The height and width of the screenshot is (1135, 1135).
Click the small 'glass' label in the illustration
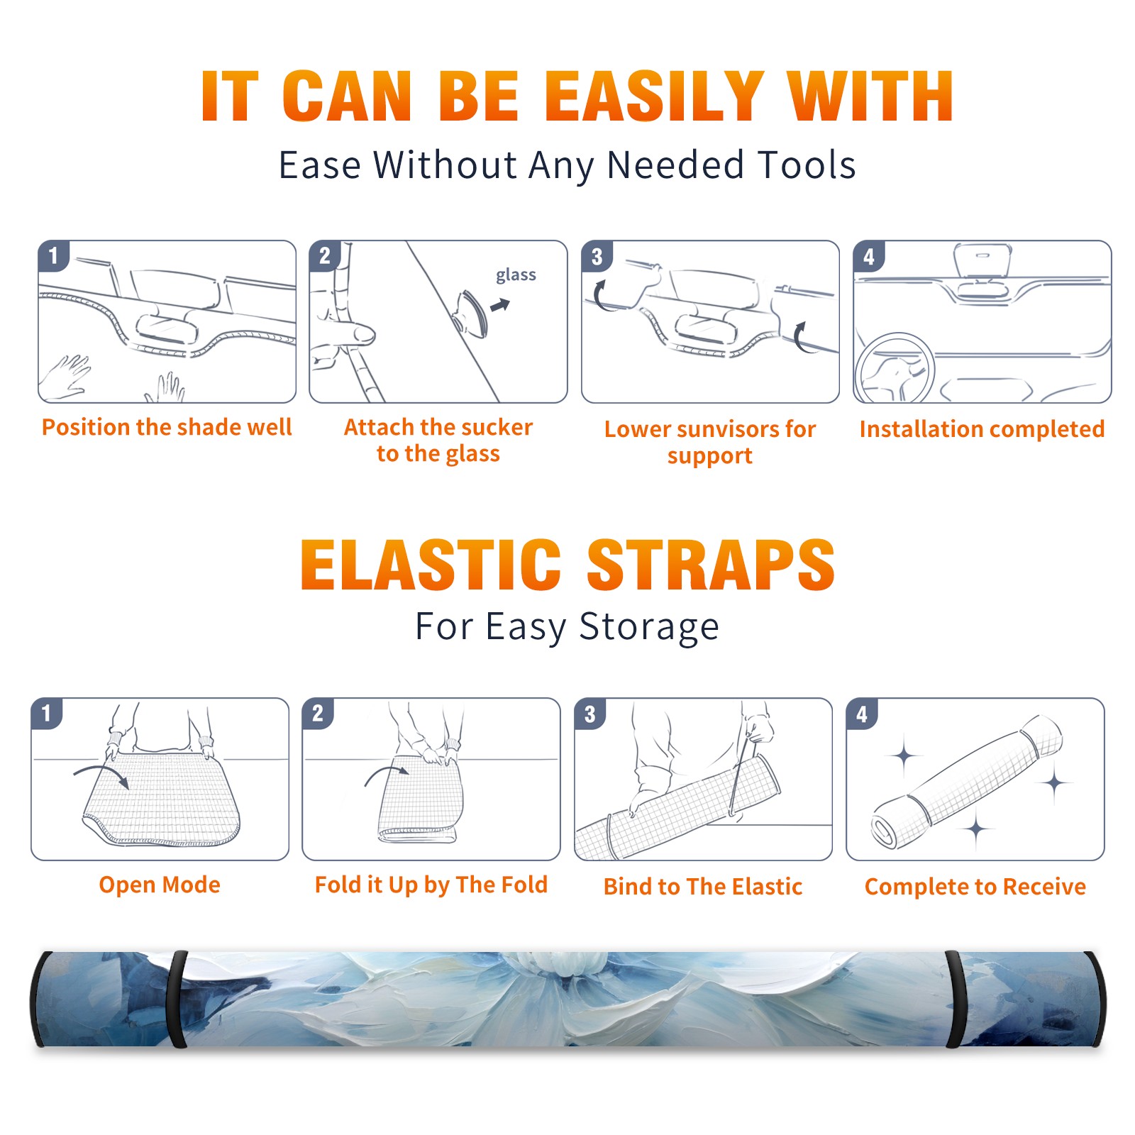click(516, 275)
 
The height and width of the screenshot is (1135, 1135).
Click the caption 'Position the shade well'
click(167, 427)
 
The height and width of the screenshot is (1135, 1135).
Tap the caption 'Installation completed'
click(982, 428)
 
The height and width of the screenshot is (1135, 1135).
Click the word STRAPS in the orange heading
click(711, 565)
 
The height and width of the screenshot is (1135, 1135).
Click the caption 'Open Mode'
click(160, 885)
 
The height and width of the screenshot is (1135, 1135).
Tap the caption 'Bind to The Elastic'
click(702, 886)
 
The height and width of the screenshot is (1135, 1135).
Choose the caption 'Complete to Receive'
click(975, 886)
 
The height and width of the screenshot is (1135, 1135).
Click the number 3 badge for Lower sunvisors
click(597, 256)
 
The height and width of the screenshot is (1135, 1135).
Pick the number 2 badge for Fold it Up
click(318, 713)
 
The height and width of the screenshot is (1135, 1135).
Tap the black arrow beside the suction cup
click(501, 305)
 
